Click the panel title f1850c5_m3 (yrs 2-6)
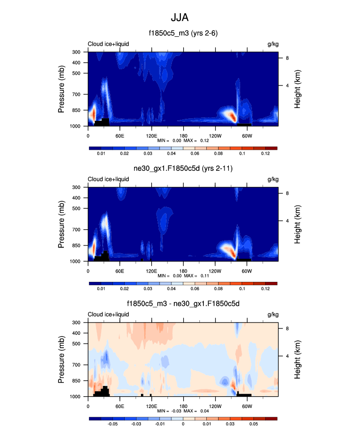(183, 34)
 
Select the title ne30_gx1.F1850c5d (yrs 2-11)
(183, 169)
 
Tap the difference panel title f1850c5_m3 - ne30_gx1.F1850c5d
(183, 304)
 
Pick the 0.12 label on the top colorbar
(265, 154)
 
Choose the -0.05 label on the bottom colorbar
(113, 424)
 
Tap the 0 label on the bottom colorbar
(183, 424)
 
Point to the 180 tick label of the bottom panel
(183, 406)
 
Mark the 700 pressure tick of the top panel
(77, 94)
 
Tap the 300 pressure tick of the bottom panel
(77, 323)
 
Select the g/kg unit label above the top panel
(273, 44)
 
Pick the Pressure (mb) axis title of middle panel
(62, 224)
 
